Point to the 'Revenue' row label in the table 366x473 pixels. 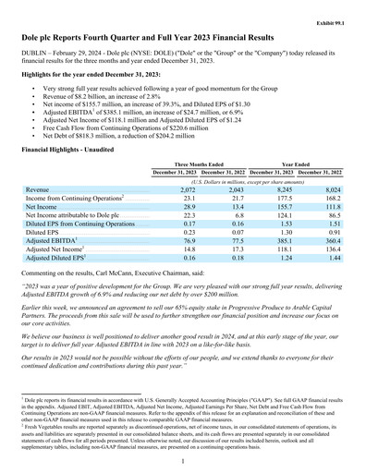click(38, 188)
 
